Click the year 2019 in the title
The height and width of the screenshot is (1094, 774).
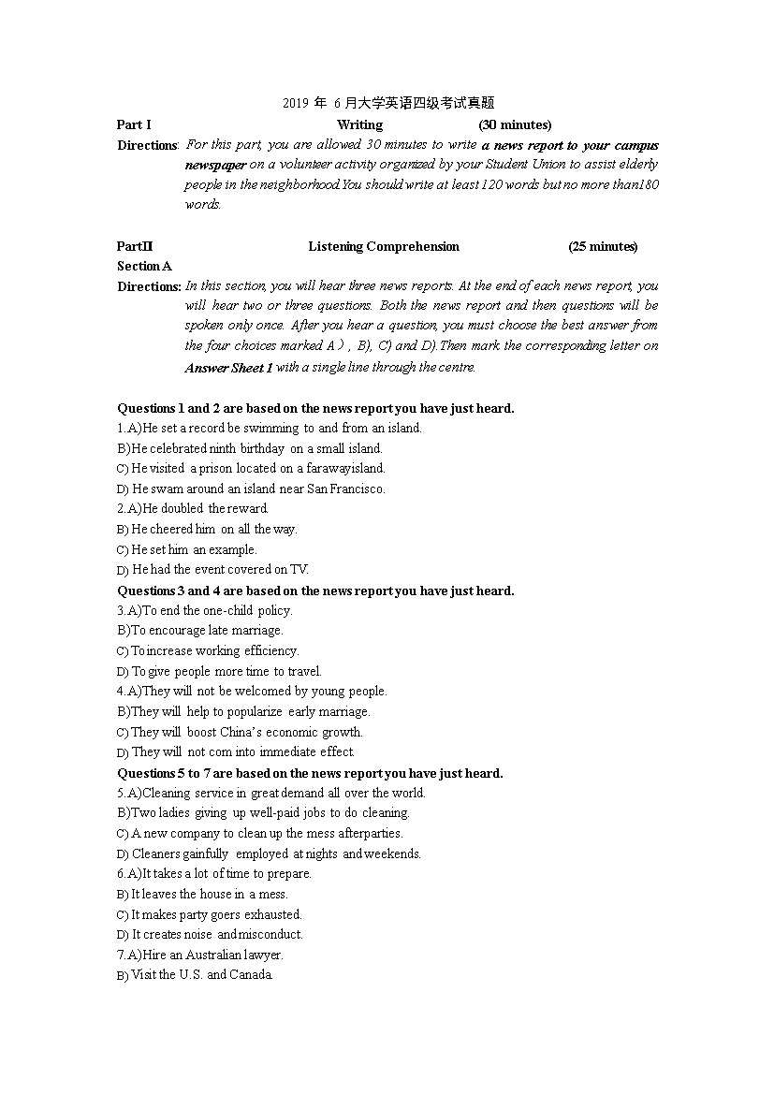click(x=295, y=104)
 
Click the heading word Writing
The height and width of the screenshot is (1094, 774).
click(x=359, y=124)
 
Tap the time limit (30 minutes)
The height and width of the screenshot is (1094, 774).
click(x=515, y=124)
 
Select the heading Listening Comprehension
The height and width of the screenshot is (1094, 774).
click(x=384, y=246)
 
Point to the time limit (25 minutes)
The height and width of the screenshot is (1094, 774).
click(x=603, y=246)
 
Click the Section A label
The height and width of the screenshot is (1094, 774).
click(x=144, y=266)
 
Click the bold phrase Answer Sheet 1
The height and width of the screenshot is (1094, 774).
click(x=229, y=368)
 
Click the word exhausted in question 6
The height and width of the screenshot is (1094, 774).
click(x=273, y=914)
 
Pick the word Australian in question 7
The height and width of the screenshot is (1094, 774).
click(x=212, y=955)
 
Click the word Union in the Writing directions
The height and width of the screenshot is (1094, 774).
click(x=560, y=165)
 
